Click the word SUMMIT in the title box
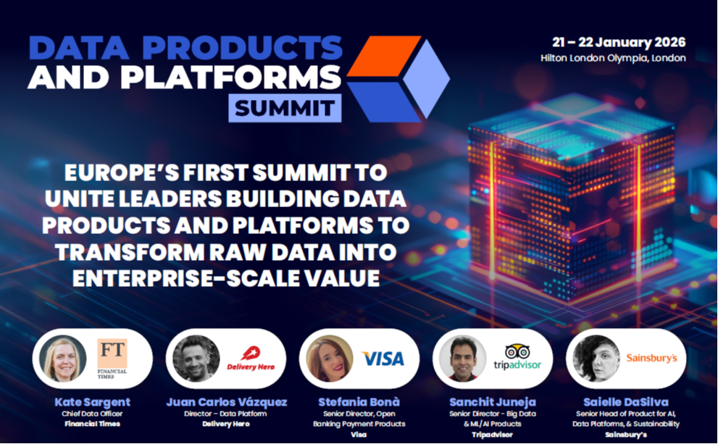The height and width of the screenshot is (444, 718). click(285, 109)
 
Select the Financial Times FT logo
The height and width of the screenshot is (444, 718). click(112, 357)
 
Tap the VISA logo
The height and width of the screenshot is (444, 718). click(383, 359)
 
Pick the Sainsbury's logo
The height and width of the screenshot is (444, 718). click(651, 358)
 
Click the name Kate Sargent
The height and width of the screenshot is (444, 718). click(92, 401)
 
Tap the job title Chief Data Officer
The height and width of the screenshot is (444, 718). click(92, 414)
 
